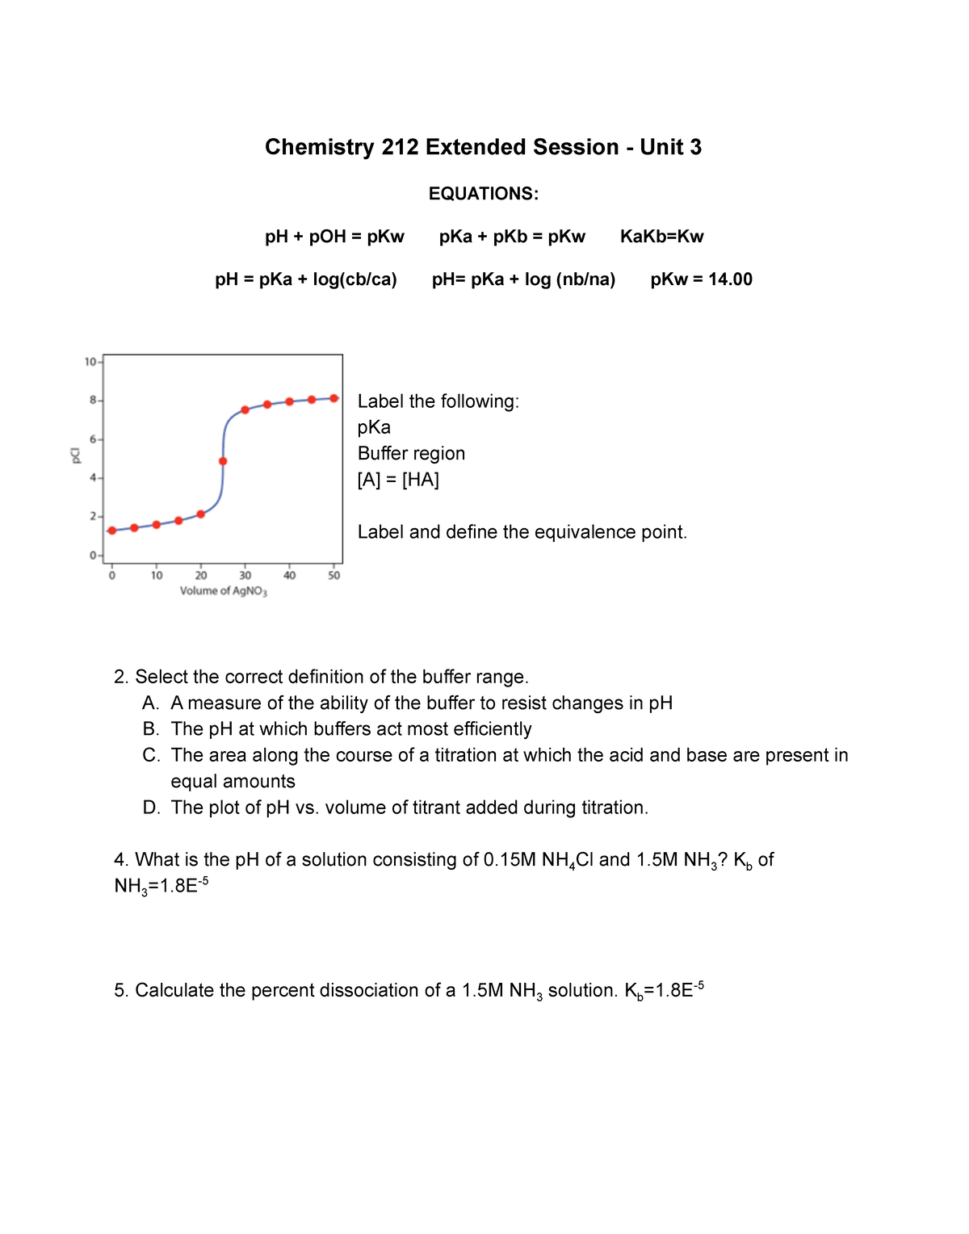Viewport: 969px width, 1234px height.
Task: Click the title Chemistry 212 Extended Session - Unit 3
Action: tap(483, 147)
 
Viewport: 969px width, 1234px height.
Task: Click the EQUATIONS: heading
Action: tap(483, 194)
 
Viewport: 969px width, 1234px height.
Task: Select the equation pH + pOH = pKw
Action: tap(334, 237)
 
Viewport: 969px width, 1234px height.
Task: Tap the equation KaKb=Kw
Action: tap(661, 237)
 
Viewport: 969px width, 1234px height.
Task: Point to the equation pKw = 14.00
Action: tap(701, 279)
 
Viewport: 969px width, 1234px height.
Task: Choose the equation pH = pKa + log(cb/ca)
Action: tap(306, 279)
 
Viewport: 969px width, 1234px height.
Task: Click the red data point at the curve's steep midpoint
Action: tap(223, 461)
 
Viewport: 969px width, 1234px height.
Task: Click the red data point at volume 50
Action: tap(333, 398)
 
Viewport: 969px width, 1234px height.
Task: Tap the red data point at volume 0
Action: tap(112, 531)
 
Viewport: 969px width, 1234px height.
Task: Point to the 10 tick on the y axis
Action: tap(90, 362)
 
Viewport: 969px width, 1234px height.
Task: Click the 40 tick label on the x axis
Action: tap(289, 576)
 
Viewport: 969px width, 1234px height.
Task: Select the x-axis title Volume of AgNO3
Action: tap(223, 591)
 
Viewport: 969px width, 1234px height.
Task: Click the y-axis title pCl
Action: tap(75, 455)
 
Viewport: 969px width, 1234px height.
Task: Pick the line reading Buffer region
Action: tap(411, 454)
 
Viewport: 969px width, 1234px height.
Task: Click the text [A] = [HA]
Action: tap(398, 480)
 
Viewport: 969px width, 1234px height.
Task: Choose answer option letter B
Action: tap(150, 729)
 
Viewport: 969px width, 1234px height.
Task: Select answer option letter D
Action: tap(150, 808)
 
